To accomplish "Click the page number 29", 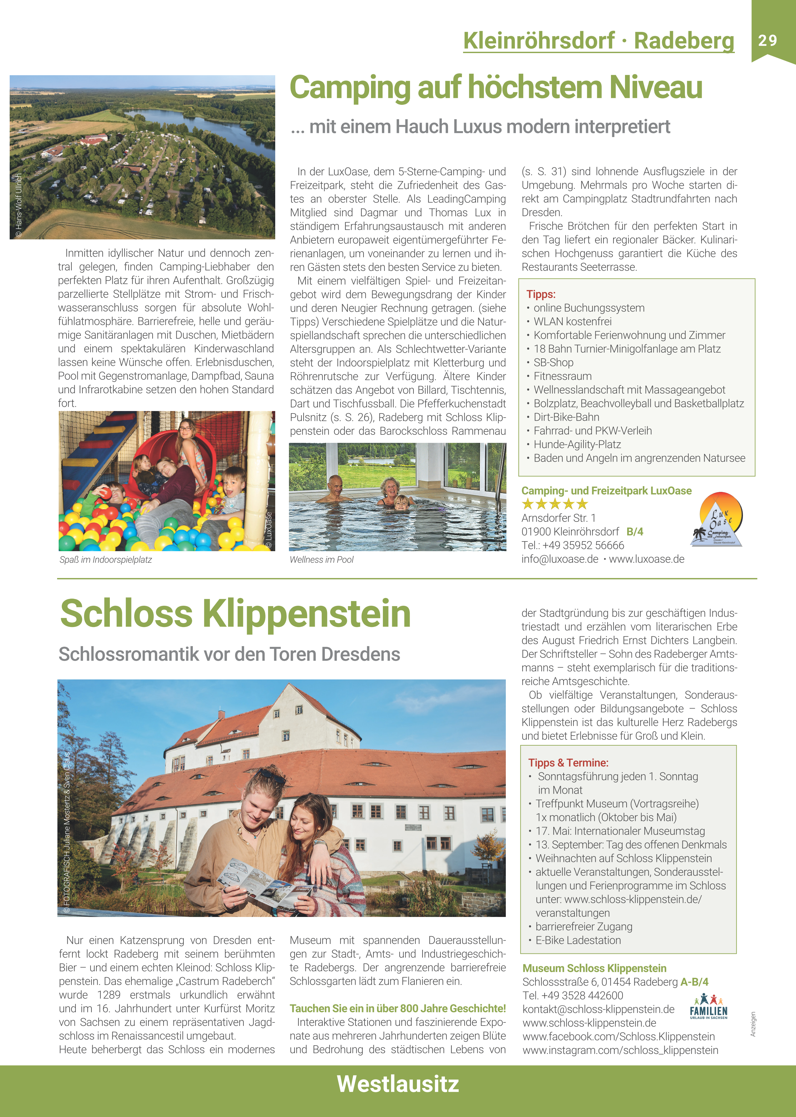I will coord(768,40).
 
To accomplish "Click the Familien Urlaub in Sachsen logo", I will coord(708,1007).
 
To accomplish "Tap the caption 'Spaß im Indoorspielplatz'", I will coord(105,560).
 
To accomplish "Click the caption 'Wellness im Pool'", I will coord(321,560).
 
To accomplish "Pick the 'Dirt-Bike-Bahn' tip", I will coord(566,417).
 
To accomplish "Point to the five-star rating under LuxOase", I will coord(554,504).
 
